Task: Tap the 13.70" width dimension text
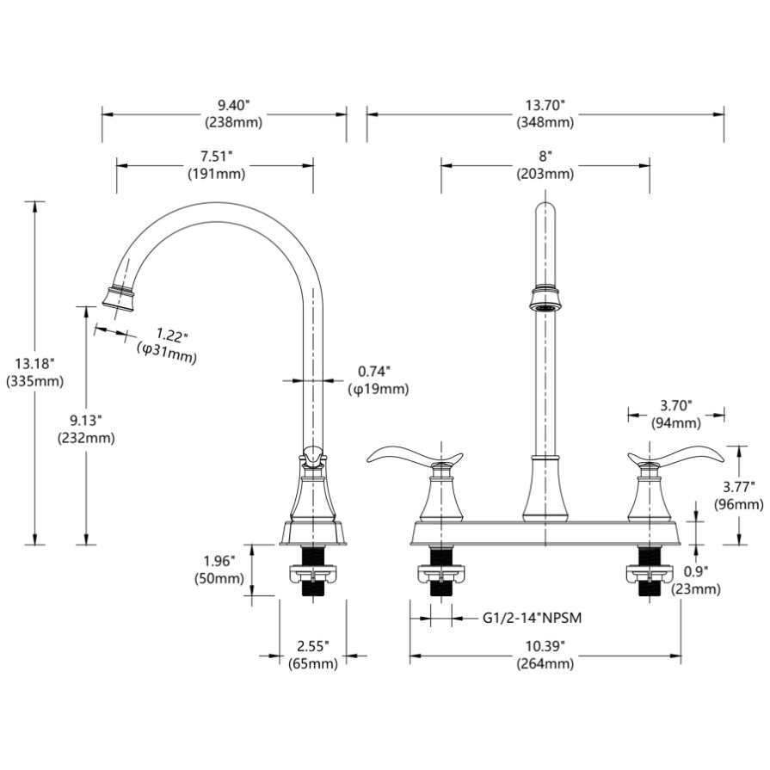coord(545,105)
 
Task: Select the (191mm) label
coord(216,173)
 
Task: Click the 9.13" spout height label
coord(86,420)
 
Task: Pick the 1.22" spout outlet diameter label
coord(172,334)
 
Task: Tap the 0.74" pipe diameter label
coord(374,372)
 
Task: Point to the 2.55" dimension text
coord(312,645)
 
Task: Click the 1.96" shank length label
coord(218,561)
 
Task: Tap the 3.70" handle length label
coord(676,405)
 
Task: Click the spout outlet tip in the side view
coord(119,298)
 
